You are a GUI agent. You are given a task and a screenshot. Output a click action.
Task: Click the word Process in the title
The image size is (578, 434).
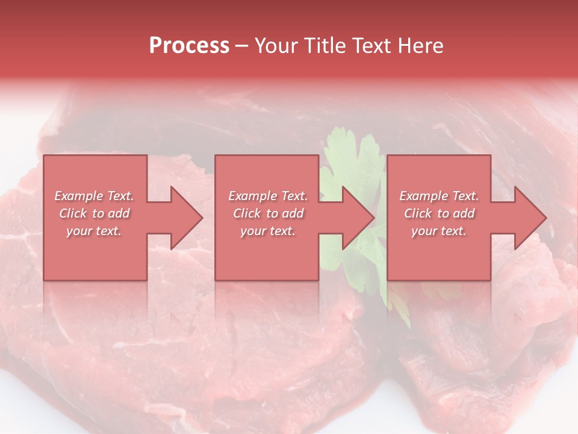pyautogui.click(x=189, y=46)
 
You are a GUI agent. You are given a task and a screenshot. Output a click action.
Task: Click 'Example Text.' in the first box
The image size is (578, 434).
pyautogui.click(x=94, y=196)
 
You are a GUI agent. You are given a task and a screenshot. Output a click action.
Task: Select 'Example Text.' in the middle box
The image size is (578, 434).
pyautogui.click(x=268, y=196)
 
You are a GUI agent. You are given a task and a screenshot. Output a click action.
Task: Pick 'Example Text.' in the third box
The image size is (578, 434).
pyautogui.click(x=439, y=196)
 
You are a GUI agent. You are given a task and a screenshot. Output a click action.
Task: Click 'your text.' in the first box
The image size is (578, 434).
pyautogui.click(x=94, y=231)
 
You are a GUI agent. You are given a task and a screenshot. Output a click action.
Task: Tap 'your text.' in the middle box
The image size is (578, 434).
pyautogui.click(x=268, y=231)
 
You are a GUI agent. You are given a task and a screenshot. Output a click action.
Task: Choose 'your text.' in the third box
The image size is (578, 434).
pyautogui.click(x=439, y=231)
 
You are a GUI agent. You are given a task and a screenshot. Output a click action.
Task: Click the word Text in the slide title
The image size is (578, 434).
pyautogui.click(x=369, y=46)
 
